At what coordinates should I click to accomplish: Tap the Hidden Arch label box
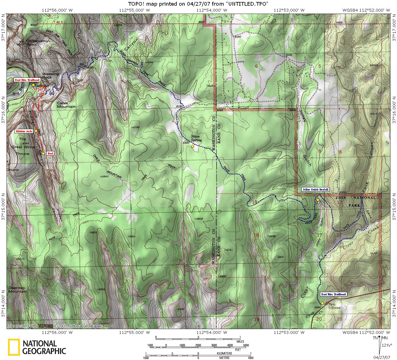click(24, 131)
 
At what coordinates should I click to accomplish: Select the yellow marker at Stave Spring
click(192, 146)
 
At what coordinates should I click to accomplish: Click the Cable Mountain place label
click(66, 105)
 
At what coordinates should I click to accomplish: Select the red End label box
click(50, 153)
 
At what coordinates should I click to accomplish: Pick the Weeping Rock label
click(51, 76)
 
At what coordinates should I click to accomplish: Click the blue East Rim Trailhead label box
click(333, 294)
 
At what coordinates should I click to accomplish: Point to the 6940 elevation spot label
click(104, 177)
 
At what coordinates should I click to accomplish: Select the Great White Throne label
click(23, 147)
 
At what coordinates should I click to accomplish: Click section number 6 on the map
click(256, 66)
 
